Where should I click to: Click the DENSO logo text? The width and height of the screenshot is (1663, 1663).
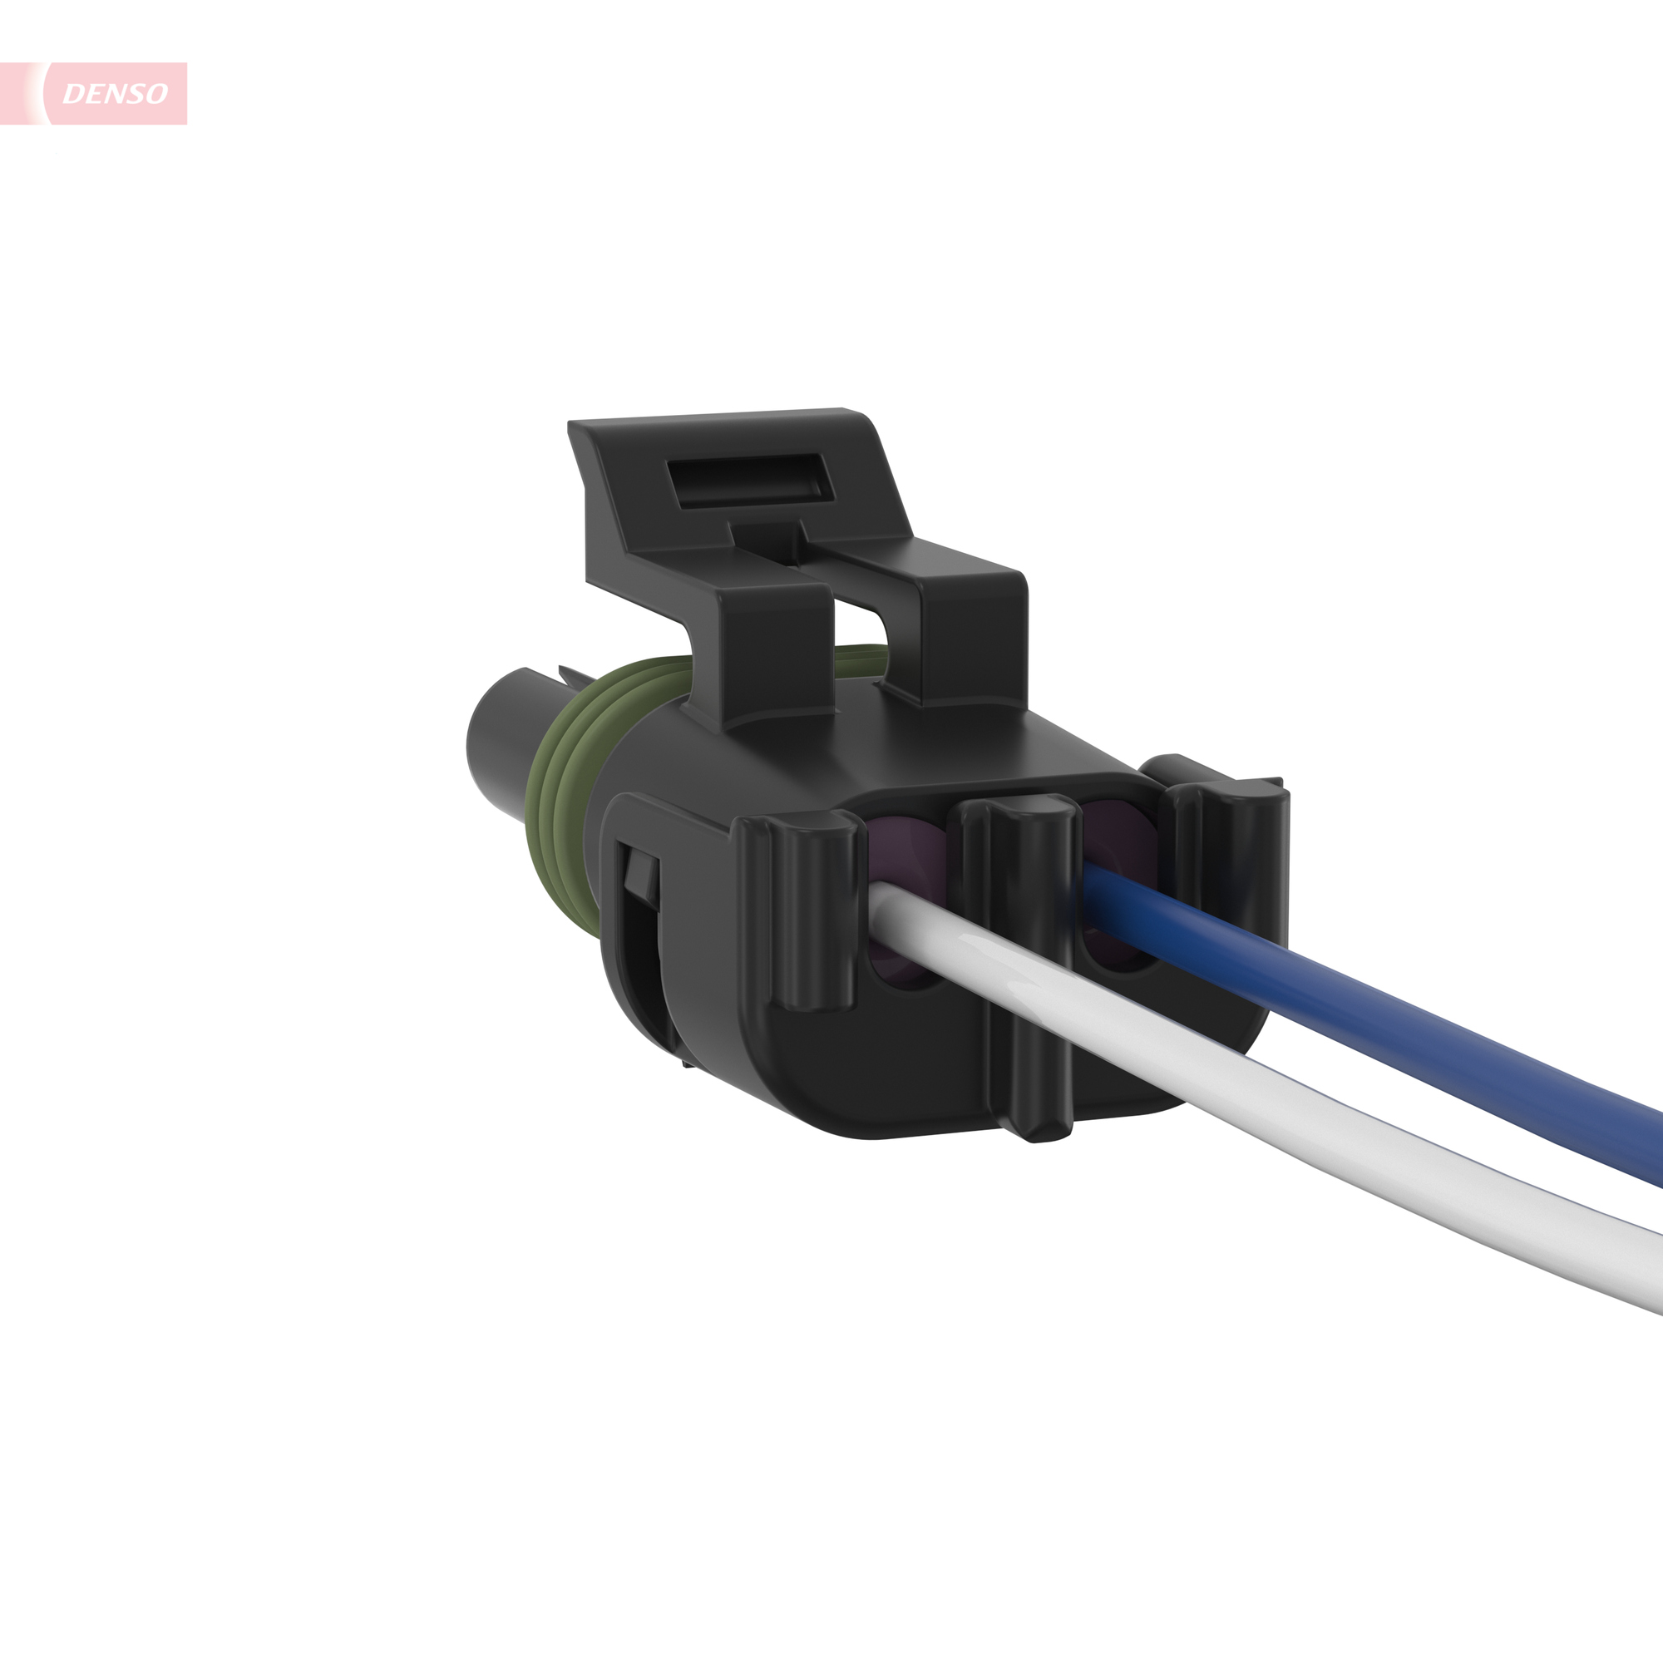pyautogui.click(x=115, y=94)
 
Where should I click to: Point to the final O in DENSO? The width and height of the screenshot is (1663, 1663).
pyautogui.click(x=155, y=94)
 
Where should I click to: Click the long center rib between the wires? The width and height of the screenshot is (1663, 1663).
pyautogui.click(x=1024, y=947)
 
